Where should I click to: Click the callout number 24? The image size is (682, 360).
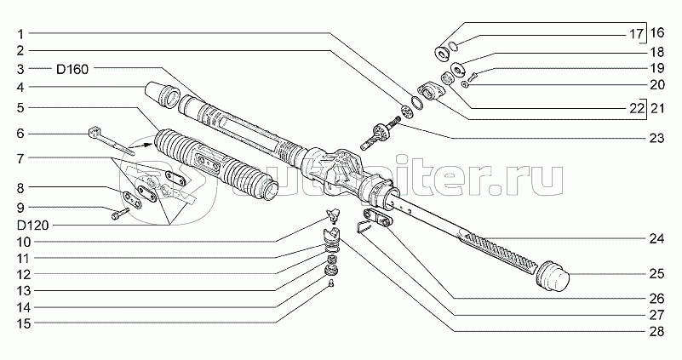pos(656,238)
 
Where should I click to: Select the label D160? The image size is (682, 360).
pos(72,69)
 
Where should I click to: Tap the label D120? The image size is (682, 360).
pos(32,226)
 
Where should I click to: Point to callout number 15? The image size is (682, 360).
pos(24,323)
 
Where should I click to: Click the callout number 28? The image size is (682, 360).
pos(656,332)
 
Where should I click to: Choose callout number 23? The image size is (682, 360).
pos(656,138)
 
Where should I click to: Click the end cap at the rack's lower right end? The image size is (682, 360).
pos(553,276)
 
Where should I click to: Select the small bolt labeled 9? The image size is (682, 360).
pos(120,213)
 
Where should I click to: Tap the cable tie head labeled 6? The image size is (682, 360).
pos(94,133)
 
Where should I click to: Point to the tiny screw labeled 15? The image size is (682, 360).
pos(331,283)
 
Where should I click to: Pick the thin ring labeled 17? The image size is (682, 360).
pos(452,45)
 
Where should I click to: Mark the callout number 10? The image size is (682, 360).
pos(24,242)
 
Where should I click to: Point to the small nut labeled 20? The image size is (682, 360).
pos(465,84)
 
